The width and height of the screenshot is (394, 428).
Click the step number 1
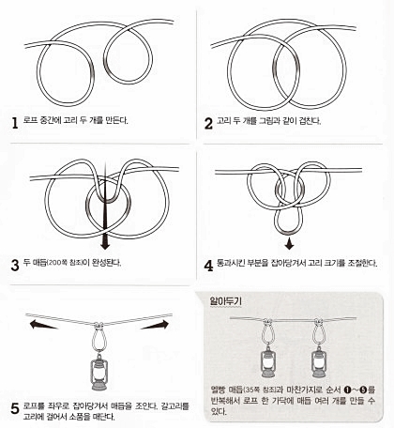pos(15,121)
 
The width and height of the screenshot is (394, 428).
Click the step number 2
pos(208,121)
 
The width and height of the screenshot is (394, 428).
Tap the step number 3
pos(15,264)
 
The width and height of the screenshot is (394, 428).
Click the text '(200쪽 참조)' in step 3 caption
pos(73,264)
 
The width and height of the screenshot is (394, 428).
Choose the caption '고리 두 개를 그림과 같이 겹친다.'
pos(271,121)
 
